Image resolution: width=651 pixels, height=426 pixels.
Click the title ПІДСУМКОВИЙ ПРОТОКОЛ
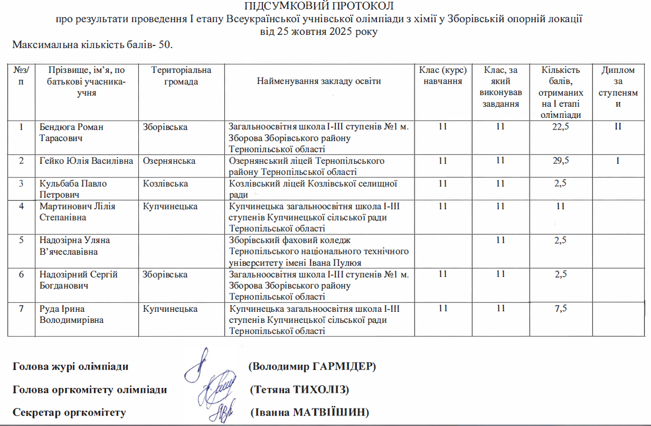point(319,6)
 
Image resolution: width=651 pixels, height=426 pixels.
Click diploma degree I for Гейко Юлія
point(617,161)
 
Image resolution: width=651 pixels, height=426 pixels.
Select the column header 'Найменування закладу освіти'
point(319,81)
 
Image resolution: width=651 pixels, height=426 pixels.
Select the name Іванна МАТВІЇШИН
point(309,412)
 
